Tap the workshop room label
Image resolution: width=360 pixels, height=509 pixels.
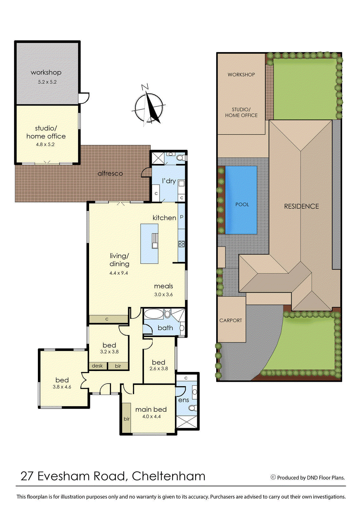(x=46, y=73)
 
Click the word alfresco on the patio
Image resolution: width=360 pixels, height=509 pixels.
(x=110, y=173)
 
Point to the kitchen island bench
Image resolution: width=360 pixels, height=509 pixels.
(x=149, y=244)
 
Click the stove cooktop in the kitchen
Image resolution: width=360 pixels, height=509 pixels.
(x=182, y=244)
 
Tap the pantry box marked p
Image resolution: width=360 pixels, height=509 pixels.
(x=182, y=217)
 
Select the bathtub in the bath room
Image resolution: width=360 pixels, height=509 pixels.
(x=154, y=314)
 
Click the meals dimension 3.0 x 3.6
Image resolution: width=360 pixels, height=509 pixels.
(x=163, y=295)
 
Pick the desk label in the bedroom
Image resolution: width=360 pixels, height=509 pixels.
(x=97, y=366)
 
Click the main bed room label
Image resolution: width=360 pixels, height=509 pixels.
(x=151, y=409)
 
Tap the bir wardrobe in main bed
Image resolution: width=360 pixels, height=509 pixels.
(x=127, y=419)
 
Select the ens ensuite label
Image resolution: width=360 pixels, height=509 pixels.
(x=183, y=400)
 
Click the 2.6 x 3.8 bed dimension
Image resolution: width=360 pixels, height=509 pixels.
(x=159, y=369)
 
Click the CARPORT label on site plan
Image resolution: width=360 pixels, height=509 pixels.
(x=231, y=320)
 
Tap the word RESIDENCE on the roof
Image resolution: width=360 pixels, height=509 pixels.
(x=301, y=206)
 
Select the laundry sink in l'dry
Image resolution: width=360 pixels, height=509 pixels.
(x=181, y=184)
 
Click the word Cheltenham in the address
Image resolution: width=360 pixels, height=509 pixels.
(x=169, y=476)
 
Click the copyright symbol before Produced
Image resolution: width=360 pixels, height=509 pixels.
(x=273, y=477)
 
